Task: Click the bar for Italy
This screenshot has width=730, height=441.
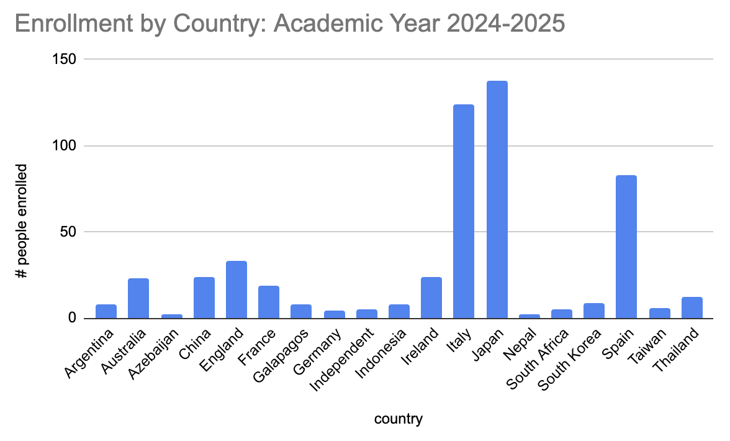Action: (464, 212)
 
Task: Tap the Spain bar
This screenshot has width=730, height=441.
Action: (626, 247)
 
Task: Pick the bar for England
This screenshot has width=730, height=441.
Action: (237, 290)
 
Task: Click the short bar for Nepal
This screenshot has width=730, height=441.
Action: (529, 316)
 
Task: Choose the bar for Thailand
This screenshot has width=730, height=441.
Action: (692, 308)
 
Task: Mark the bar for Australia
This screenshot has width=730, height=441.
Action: (138, 299)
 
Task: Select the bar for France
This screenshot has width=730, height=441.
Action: (269, 302)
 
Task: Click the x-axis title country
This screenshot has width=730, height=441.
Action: (398, 419)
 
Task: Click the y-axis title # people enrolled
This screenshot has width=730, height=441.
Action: (22, 220)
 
